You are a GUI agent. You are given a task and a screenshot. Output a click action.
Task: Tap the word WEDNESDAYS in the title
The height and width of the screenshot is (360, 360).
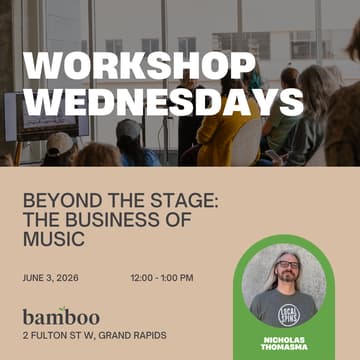click(163, 101)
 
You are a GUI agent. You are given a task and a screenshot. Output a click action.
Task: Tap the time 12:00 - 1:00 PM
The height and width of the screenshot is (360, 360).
click(162, 277)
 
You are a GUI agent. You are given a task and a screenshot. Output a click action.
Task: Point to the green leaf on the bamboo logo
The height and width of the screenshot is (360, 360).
click(64, 309)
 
